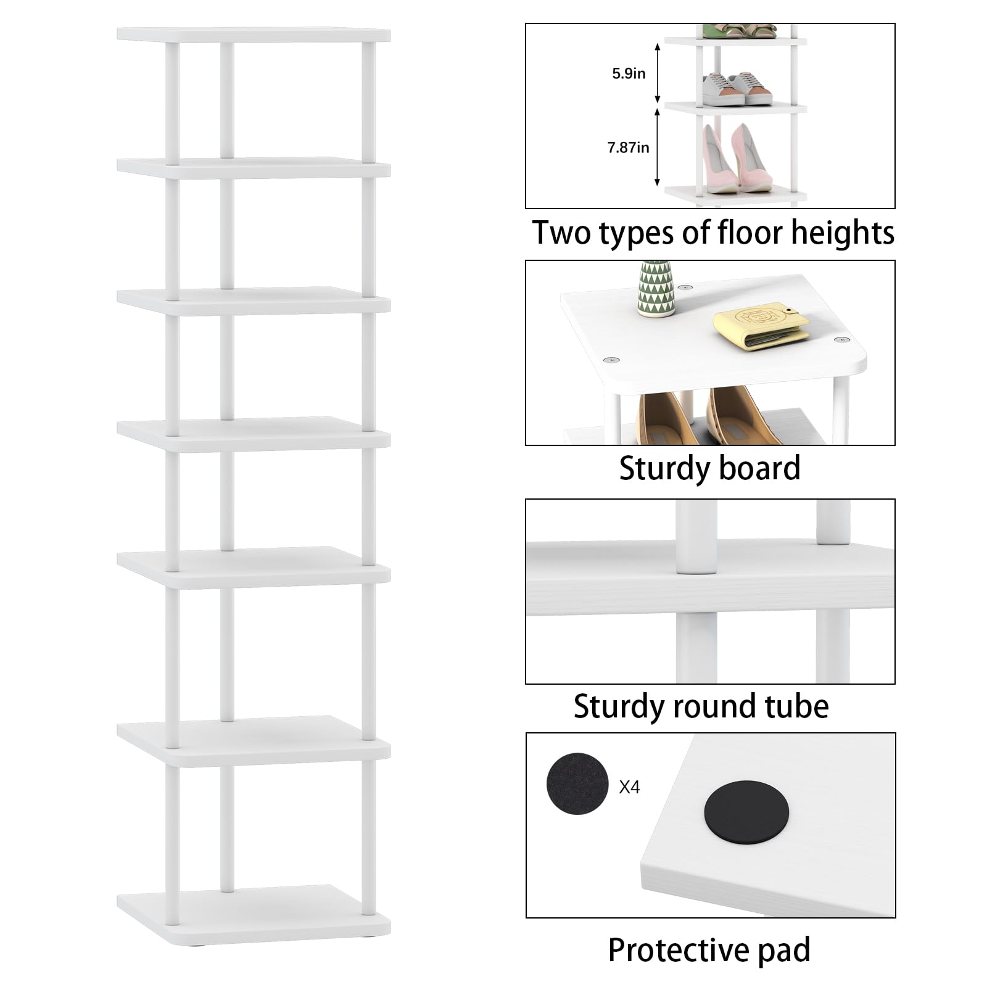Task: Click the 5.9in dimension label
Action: coord(629,73)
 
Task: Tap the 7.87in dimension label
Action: coord(628,147)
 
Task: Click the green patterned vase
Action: coord(656,288)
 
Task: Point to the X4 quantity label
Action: coord(629,787)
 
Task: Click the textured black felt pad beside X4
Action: coord(577,783)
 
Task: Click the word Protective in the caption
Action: coord(679,951)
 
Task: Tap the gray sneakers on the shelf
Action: coord(737,89)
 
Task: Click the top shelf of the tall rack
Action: coord(254,35)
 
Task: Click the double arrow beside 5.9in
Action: coord(658,73)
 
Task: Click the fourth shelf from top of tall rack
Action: coord(254,434)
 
